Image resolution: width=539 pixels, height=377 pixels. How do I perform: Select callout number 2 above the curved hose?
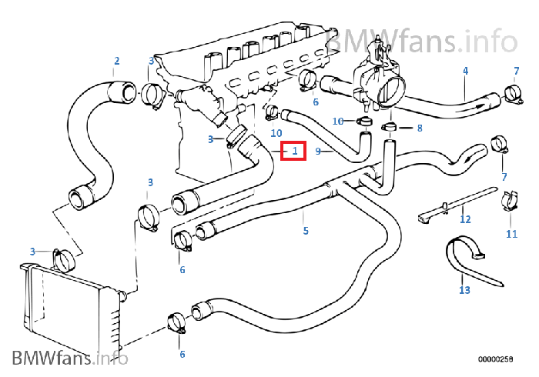[116, 61]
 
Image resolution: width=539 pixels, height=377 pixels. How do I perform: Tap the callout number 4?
[465, 71]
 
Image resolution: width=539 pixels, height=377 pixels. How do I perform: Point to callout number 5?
[305, 231]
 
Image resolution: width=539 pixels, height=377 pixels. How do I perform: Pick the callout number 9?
[318, 152]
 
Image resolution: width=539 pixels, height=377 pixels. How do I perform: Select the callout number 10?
[337, 122]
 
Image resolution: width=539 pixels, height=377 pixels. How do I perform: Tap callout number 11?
[511, 233]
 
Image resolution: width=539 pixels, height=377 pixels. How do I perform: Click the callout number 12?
[464, 219]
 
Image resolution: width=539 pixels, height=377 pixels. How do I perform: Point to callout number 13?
[464, 290]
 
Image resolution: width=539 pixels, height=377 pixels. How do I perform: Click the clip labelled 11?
[511, 202]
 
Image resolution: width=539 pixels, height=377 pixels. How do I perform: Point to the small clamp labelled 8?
[388, 125]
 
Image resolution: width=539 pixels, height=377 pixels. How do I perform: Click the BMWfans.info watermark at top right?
[422, 38]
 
